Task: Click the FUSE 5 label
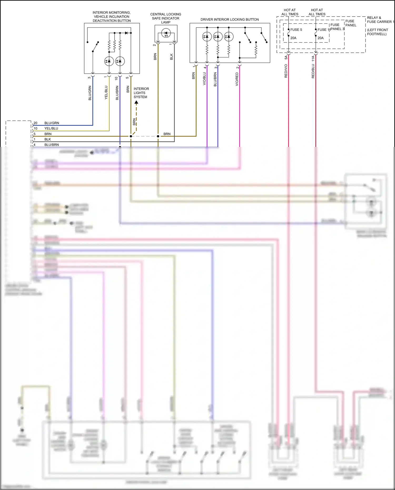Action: pos(296,30)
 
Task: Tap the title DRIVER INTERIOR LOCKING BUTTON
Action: pos(229,19)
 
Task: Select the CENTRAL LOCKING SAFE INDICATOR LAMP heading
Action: pos(166,18)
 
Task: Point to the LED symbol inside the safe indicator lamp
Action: pos(166,33)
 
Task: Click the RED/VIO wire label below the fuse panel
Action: pos(286,71)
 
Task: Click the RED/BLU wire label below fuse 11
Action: pos(313,71)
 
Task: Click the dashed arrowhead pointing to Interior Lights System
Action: pos(136,102)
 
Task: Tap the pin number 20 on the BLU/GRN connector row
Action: pos(35,123)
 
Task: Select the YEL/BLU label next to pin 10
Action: pos(51,128)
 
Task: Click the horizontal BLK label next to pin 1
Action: pos(48,139)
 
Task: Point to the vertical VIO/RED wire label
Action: pos(237,79)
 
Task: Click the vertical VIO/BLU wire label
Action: pos(204,78)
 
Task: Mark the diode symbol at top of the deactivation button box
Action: pos(126,33)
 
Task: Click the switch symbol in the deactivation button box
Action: pos(95,47)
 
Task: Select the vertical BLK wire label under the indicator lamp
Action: pos(171,57)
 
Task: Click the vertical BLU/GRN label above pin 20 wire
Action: pos(90,93)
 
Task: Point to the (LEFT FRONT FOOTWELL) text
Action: pos(377,32)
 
